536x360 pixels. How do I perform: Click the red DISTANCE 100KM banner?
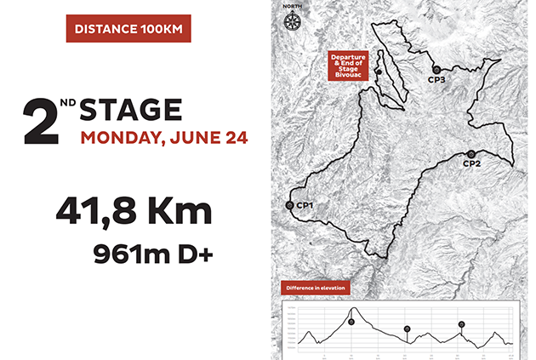pyautogui.click(x=128, y=28)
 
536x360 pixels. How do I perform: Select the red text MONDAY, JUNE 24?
pyautogui.click(x=165, y=138)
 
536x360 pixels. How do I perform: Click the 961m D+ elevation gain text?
pyautogui.click(x=154, y=253)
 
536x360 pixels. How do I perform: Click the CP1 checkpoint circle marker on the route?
pyautogui.click(x=290, y=205)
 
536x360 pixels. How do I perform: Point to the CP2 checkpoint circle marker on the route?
pyautogui.click(x=471, y=153)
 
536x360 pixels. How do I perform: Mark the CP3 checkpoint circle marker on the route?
pyautogui.click(x=436, y=69)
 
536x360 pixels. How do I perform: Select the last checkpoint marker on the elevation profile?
pyautogui.click(x=461, y=324)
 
